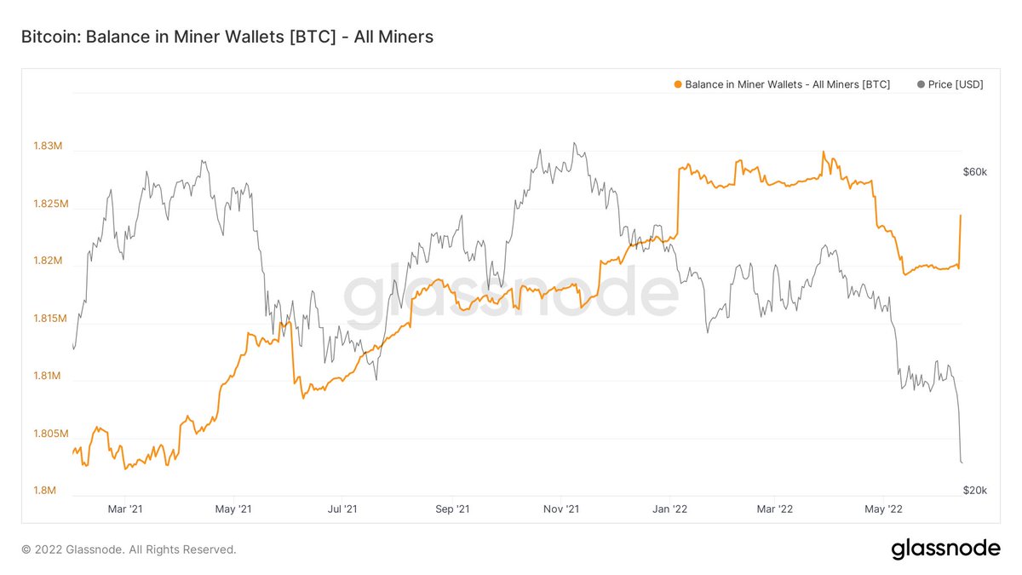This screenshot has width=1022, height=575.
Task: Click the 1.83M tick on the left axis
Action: point(48,147)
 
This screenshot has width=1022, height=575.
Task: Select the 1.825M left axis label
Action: point(48,204)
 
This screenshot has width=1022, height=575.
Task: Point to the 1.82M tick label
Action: point(48,262)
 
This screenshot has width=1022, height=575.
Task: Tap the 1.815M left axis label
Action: point(48,319)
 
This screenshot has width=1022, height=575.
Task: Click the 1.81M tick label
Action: point(48,377)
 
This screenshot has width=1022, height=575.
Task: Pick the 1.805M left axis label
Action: point(48,434)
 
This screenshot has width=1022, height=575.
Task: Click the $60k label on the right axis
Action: point(974,172)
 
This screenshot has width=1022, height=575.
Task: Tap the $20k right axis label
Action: point(974,490)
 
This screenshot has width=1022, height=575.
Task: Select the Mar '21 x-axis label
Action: point(124,509)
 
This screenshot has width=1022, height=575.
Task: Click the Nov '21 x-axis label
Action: point(560,509)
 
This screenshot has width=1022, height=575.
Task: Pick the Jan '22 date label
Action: point(669,509)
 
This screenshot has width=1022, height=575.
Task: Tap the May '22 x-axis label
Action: point(884,509)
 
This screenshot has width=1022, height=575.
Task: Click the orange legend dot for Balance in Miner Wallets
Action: point(678,85)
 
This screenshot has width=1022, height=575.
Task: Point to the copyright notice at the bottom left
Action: point(129,549)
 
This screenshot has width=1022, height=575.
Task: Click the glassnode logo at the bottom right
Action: point(945,549)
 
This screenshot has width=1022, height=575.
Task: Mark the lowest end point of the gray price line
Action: point(962,463)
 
